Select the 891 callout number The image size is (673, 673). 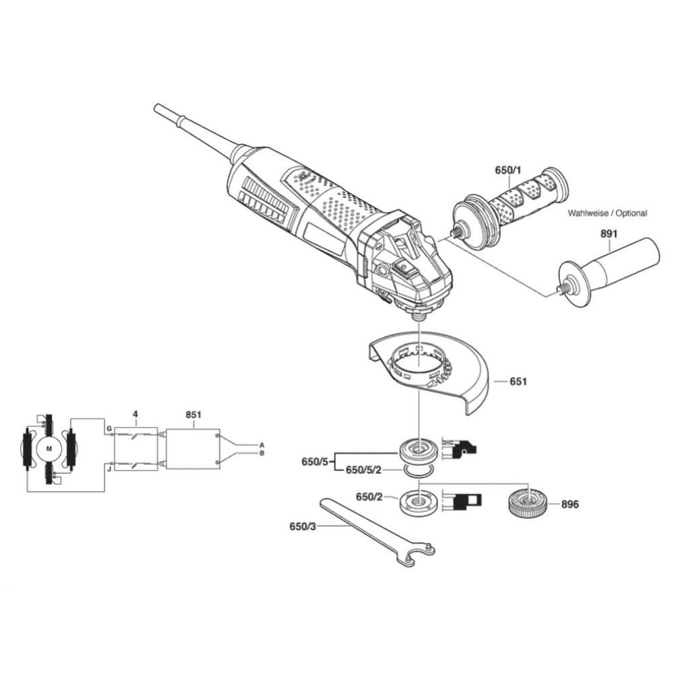(x=608, y=234)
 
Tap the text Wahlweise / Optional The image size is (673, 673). (x=607, y=213)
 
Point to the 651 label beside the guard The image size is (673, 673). (x=518, y=381)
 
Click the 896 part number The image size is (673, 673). (x=570, y=504)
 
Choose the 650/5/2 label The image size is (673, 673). (x=363, y=470)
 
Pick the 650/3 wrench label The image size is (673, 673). (x=303, y=526)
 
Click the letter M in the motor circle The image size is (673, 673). (x=49, y=449)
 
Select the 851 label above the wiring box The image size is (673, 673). (x=193, y=415)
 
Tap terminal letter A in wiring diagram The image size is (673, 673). (x=262, y=445)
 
